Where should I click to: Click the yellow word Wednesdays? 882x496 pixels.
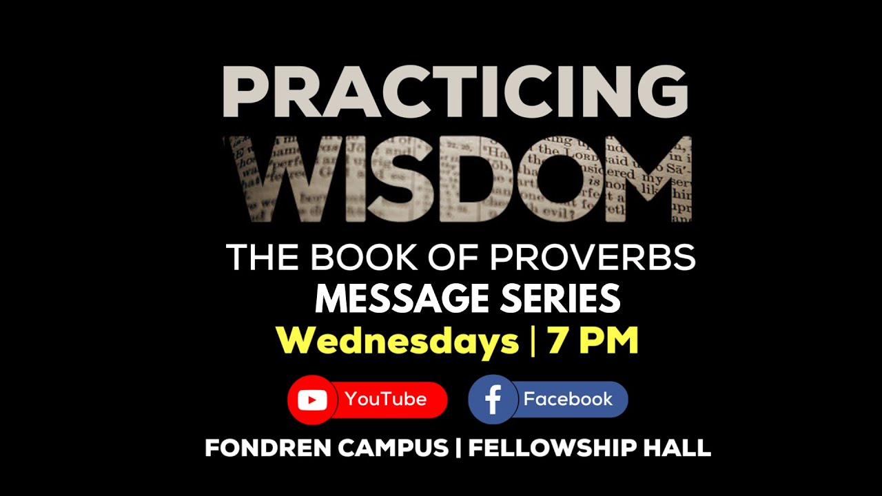(398, 341)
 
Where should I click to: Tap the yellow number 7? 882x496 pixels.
(558, 341)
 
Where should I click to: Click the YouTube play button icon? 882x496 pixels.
(312, 400)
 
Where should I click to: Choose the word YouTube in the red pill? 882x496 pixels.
(386, 399)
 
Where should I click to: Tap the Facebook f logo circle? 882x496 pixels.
(493, 400)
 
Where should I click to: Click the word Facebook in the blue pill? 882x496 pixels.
(568, 399)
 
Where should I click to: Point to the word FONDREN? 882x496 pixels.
(267, 448)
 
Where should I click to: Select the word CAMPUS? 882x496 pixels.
(392, 448)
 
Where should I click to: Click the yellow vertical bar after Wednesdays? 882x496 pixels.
(533, 341)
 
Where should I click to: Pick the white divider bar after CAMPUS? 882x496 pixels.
(458, 448)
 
